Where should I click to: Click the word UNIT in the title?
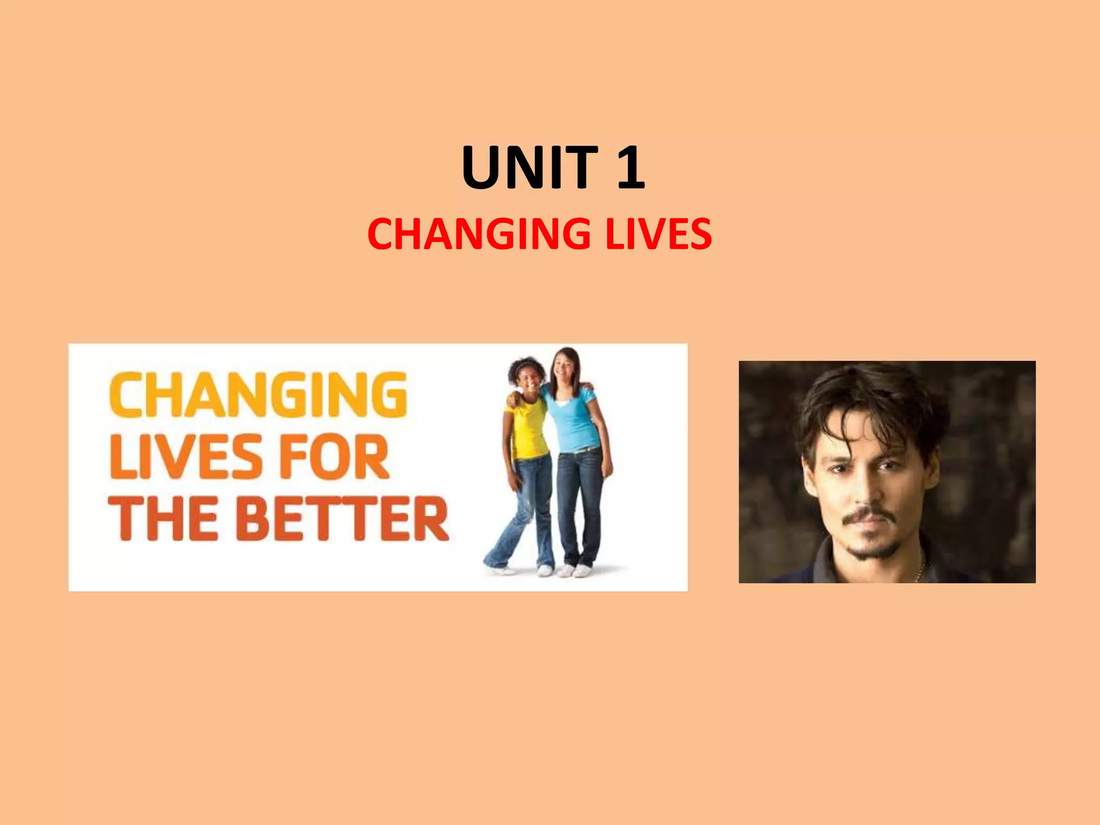coord(529,168)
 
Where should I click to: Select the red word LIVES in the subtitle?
coord(658,234)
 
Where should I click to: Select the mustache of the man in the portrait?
coord(869,516)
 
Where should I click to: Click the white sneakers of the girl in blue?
coord(575,570)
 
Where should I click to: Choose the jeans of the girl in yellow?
coord(529,505)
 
